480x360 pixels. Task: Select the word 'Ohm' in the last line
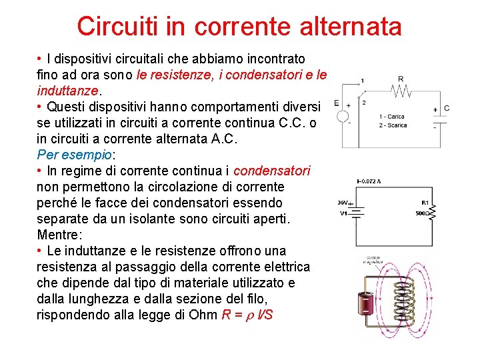pos(204,315)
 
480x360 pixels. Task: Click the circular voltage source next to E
pos(343,115)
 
